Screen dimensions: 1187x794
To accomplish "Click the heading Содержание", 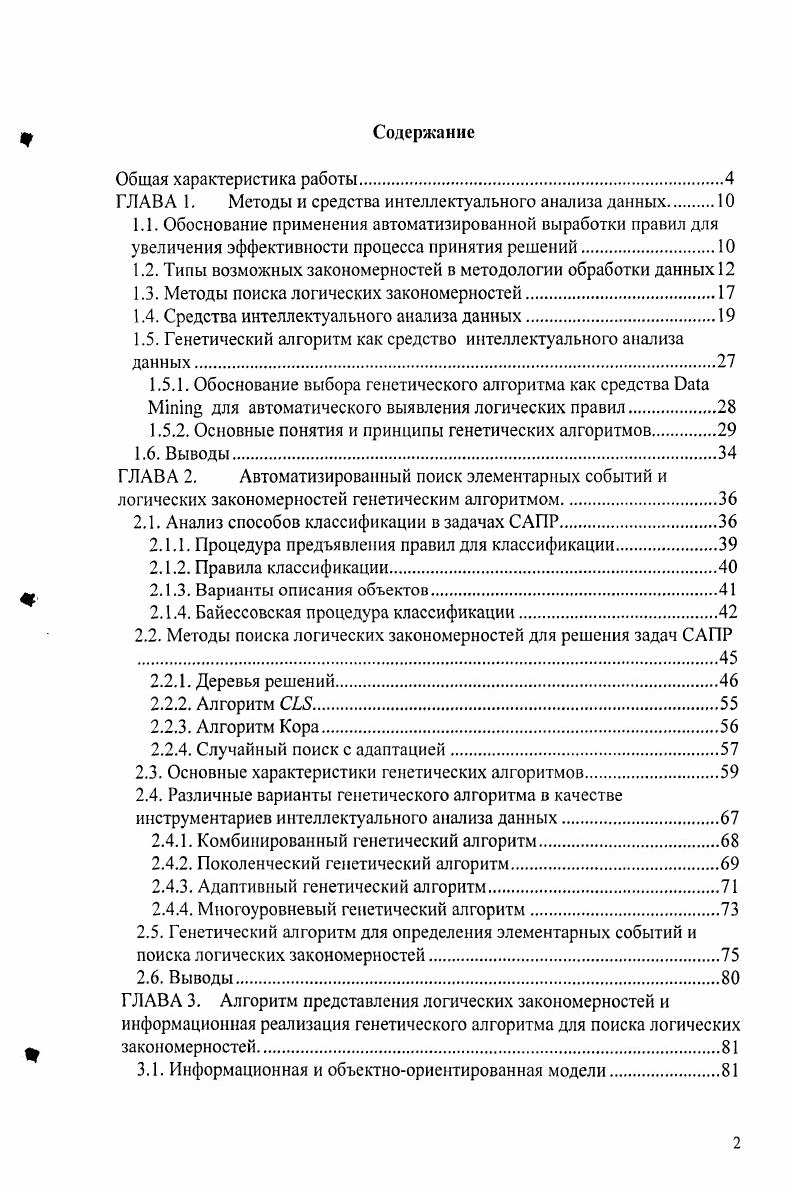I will click(424, 132).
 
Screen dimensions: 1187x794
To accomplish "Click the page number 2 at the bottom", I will click(736, 1145).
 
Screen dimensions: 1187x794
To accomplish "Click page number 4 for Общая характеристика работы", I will click(730, 180).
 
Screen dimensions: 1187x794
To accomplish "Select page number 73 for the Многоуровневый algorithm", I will click(728, 909).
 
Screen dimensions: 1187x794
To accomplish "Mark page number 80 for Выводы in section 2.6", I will click(729, 978).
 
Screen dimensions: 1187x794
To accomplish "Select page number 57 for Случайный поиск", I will click(728, 750).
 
